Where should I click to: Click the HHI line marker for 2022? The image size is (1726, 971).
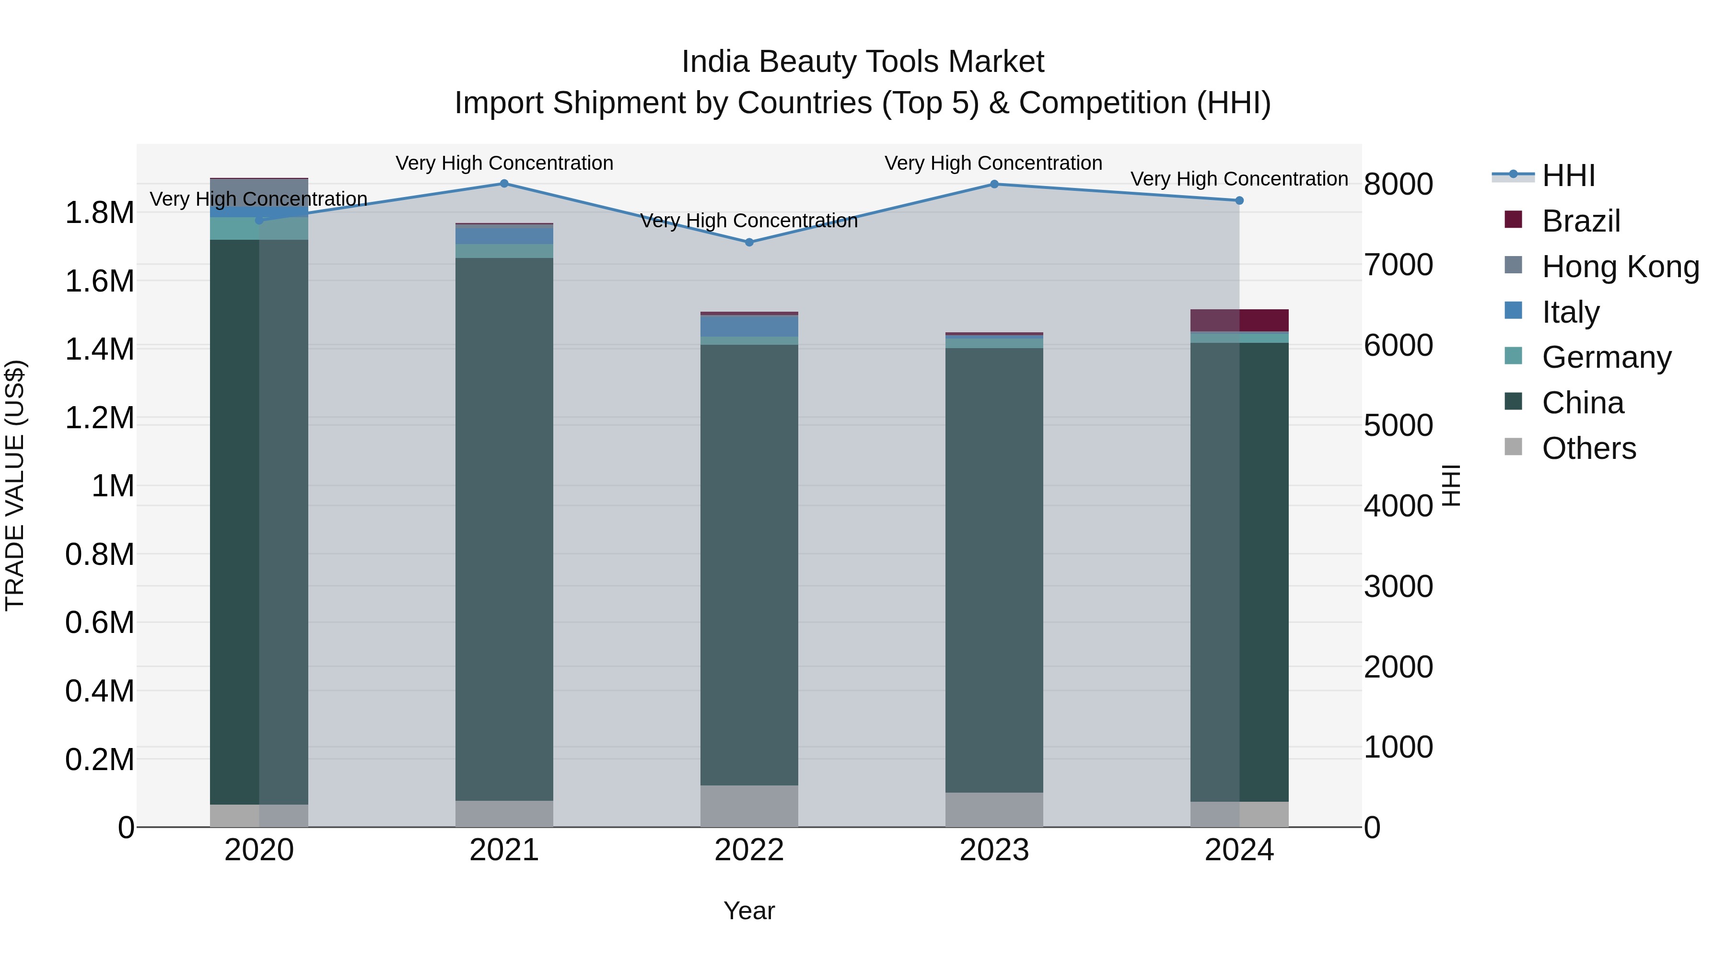click(x=749, y=242)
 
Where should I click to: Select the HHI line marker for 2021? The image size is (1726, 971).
click(x=504, y=184)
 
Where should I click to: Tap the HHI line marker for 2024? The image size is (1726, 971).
click(x=1239, y=200)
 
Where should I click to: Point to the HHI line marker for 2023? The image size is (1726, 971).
click(x=994, y=184)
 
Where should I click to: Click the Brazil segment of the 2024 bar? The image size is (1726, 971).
click(x=1239, y=320)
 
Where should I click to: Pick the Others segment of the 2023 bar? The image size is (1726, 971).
click(x=994, y=809)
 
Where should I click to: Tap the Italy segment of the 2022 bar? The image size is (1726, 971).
click(x=749, y=326)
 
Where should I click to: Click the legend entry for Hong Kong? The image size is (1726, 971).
click(x=1620, y=267)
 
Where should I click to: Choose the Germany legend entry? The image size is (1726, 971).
click(x=1606, y=357)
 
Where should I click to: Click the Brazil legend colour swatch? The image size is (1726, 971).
click(x=1513, y=219)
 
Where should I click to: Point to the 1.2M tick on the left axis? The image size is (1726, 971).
click(x=99, y=418)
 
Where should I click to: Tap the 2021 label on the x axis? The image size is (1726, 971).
click(x=504, y=850)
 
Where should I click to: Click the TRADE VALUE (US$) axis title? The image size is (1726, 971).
click(x=15, y=485)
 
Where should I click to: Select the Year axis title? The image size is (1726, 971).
click(x=749, y=911)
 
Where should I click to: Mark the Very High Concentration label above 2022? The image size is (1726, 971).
click(x=749, y=221)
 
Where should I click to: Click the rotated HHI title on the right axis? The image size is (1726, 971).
click(x=1451, y=485)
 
